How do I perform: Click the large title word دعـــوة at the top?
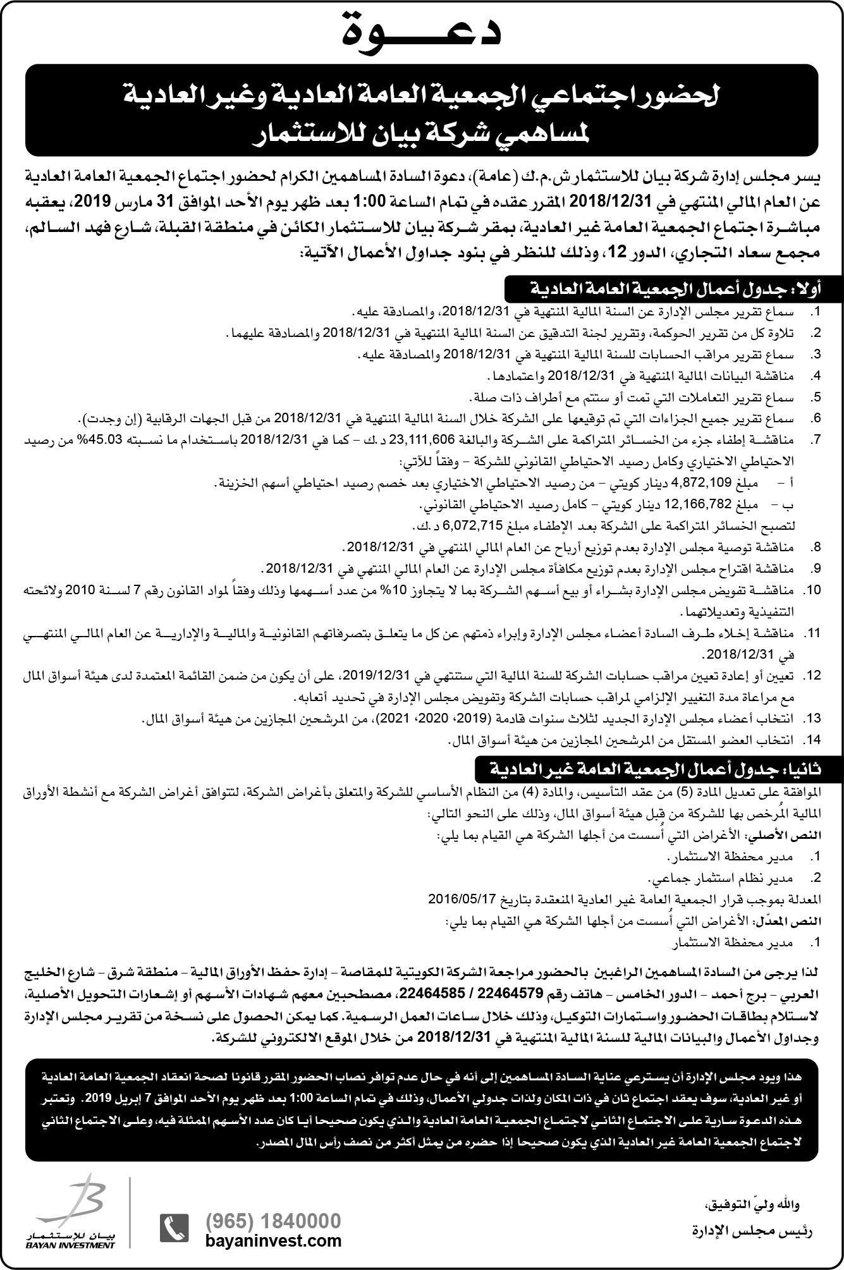coord(422,32)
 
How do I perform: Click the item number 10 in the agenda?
coord(812,590)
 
